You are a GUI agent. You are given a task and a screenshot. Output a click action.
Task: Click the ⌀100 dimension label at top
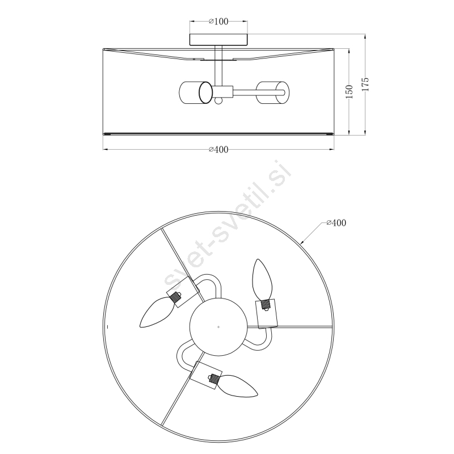[218, 22]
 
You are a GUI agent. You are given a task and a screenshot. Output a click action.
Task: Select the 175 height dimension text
[365, 84]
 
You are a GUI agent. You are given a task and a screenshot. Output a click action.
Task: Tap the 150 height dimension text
[349, 91]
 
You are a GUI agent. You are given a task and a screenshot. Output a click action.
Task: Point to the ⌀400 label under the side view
[218, 149]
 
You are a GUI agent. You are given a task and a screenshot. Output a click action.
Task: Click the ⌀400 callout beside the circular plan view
[336, 222]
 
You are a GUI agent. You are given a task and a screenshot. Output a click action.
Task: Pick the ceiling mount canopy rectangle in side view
[218, 40]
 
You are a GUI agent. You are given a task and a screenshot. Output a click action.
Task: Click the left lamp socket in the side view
[196, 93]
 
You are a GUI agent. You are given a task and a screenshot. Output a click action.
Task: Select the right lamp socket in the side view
[272, 93]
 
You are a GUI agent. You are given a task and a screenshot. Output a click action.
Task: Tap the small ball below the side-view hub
[218, 101]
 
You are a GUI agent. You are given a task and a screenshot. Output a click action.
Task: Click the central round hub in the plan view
[218, 327]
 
